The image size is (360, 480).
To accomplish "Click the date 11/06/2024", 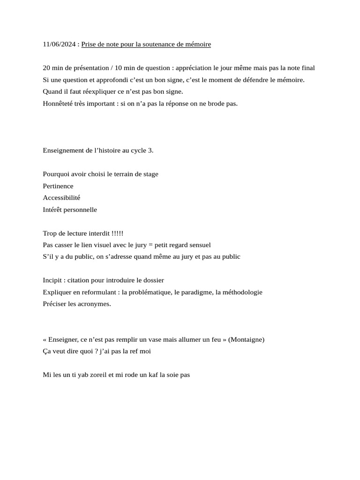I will click(x=59, y=45).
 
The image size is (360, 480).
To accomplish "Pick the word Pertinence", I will click(x=58, y=186).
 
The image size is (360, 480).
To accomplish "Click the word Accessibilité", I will click(x=61, y=198).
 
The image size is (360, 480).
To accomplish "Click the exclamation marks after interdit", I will click(x=118, y=233).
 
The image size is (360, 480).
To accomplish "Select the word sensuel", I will click(x=199, y=245).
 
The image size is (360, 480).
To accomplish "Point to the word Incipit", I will click(x=53, y=280).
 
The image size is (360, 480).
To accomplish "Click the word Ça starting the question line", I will click(x=47, y=351).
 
